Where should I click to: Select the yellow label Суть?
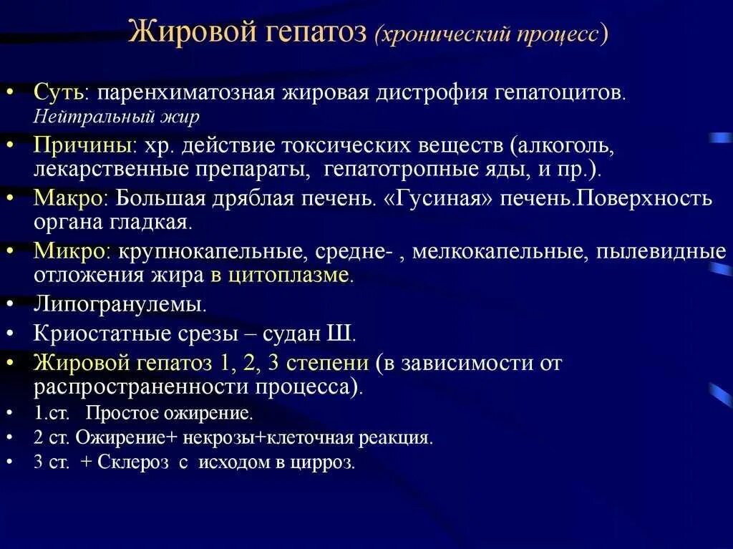click(58, 93)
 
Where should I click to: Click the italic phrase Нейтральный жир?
click(117, 116)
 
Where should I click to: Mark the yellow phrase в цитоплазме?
click(280, 276)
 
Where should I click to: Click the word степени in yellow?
click(327, 363)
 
